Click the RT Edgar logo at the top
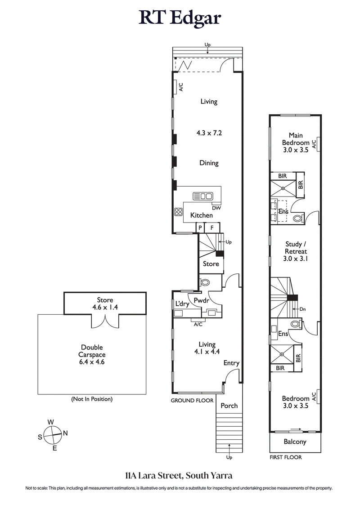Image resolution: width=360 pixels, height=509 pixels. coord(180,18)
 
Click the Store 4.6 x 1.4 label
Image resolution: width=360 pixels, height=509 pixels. coord(105,304)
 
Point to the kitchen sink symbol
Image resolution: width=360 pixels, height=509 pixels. coord(202,196)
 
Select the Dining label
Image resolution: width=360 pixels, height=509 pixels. coord(209,163)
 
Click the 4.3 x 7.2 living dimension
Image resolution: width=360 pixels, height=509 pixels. coord(209,133)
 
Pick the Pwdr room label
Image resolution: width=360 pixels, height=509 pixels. coord(200,300)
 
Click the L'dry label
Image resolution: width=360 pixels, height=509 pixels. coord(182,304)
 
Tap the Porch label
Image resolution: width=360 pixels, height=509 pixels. coord(229,406)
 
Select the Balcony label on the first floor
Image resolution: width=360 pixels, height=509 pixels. coord(295,442)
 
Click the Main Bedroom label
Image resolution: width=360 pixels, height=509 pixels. coord(296,143)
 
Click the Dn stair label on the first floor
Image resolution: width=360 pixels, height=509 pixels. coord(302,309)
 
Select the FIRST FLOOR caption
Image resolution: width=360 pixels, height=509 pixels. coord(285,457)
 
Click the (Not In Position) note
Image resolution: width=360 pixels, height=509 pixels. coord(92,399)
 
